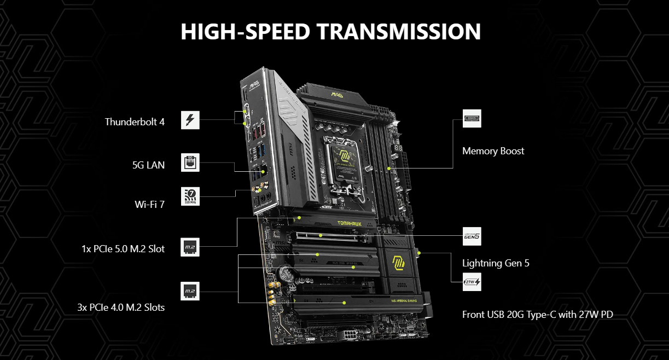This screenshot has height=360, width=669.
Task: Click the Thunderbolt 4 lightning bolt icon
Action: click(x=190, y=120)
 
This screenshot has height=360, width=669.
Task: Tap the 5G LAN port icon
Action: click(x=190, y=163)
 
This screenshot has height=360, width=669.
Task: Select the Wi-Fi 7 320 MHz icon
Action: click(x=190, y=196)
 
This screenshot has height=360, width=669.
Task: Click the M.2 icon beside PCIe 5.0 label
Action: click(x=190, y=247)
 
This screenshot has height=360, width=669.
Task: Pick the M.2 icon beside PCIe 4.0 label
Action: click(x=190, y=291)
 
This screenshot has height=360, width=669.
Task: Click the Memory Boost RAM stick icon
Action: click(x=472, y=118)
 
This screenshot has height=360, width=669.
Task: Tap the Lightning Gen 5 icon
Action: click(x=472, y=236)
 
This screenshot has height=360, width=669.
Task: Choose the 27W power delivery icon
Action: click(x=472, y=282)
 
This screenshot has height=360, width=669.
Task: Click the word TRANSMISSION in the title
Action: click(x=399, y=32)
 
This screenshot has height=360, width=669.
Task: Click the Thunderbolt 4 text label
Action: click(x=135, y=121)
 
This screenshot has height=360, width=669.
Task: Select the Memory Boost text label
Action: click(x=493, y=151)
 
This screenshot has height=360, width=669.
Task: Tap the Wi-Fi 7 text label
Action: click(x=149, y=204)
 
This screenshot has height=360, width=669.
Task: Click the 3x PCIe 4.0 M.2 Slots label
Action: click(x=121, y=307)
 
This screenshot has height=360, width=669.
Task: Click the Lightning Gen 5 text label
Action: click(x=496, y=263)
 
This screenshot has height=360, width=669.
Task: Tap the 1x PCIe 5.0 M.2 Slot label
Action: click(x=123, y=249)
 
